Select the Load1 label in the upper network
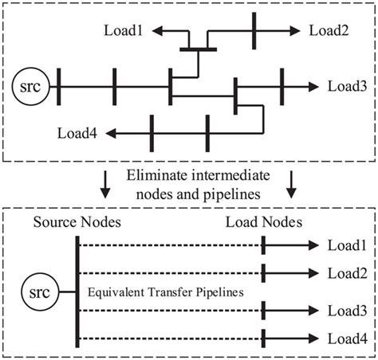coord(124,30)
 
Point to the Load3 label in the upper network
coord(345,85)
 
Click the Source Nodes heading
coord(77,222)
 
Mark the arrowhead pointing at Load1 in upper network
coord(159,31)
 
